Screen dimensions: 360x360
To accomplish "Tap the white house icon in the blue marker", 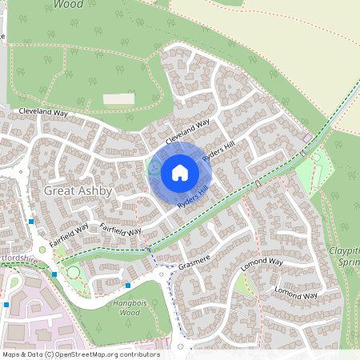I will point(179,172).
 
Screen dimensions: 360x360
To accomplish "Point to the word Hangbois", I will point(124,303).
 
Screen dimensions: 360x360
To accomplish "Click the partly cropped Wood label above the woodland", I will point(69,4).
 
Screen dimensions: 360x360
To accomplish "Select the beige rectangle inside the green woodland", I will point(118,98).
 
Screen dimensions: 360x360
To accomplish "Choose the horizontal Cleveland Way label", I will point(45,113).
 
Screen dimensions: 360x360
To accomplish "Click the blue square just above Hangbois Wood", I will point(127,285).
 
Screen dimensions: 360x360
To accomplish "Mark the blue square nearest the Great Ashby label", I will point(31,221).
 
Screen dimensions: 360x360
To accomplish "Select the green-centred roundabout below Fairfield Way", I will point(74,273).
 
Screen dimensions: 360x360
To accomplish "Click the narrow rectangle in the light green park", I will point(316,158).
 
